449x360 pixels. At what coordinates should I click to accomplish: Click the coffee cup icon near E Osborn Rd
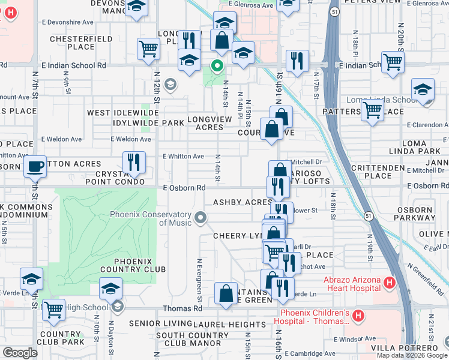(x=35, y=166)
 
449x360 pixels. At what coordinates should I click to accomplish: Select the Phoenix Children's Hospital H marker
(x=358, y=315)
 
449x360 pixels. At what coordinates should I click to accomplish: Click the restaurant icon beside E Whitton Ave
(x=133, y=161)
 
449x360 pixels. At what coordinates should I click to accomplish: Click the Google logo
(x=20, y=353)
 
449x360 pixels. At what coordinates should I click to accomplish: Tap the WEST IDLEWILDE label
(x=122, y=113)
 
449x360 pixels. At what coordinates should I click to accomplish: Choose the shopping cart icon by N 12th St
(x=148, y=49)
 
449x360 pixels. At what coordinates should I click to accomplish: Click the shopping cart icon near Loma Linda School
(x=372, y=110)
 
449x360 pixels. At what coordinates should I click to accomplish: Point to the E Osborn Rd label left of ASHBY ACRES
(x=185, y=188)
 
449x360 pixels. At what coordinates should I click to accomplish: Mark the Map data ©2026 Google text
(x=412, y=355)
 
